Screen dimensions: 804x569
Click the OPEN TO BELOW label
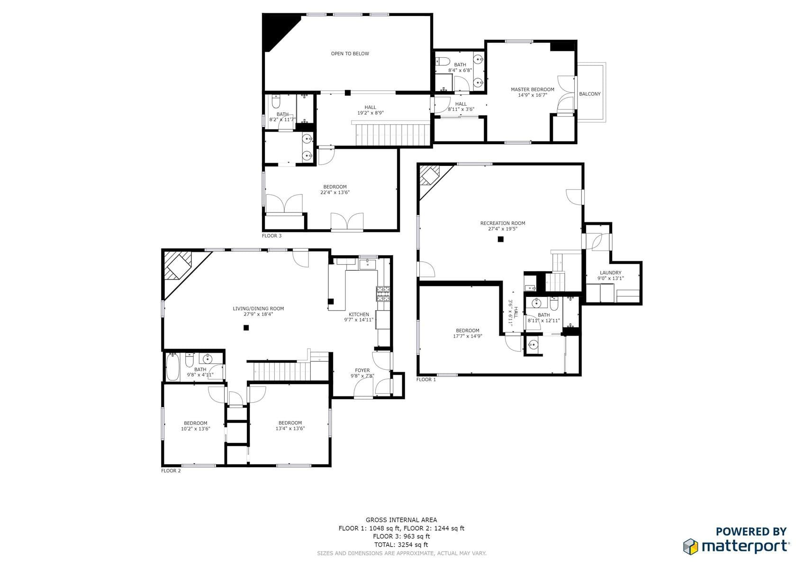tap(350, 54)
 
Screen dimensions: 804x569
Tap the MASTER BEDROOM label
tap(533, 90)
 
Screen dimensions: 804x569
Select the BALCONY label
tap(590, 94)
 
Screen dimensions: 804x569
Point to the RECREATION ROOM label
tap(503, 223)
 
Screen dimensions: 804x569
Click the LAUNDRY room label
tap(611, 273)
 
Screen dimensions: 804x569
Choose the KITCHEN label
tap(359, 314)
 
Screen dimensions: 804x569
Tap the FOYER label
tap(362, 370)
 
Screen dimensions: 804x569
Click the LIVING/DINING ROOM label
tap(258, 308)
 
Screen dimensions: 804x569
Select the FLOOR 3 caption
tap(271, 236)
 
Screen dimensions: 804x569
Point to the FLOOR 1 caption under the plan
tap(426, 379)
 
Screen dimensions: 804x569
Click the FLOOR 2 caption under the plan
tap(171, 470)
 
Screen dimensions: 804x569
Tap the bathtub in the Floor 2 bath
tap(172, 367)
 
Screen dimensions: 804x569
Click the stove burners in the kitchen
tap(383, 294)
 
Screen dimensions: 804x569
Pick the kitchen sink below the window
tap(368, 265)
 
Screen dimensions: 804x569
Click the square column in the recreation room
tap(501, 239)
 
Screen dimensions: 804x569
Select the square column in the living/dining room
tap(246, 328)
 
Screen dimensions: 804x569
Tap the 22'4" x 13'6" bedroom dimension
tap(335, 192)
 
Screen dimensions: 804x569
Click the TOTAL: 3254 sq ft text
tap(401, 544)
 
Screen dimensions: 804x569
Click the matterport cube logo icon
tap(691, 546)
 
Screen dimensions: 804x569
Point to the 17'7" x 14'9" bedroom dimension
tap(467, 336)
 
